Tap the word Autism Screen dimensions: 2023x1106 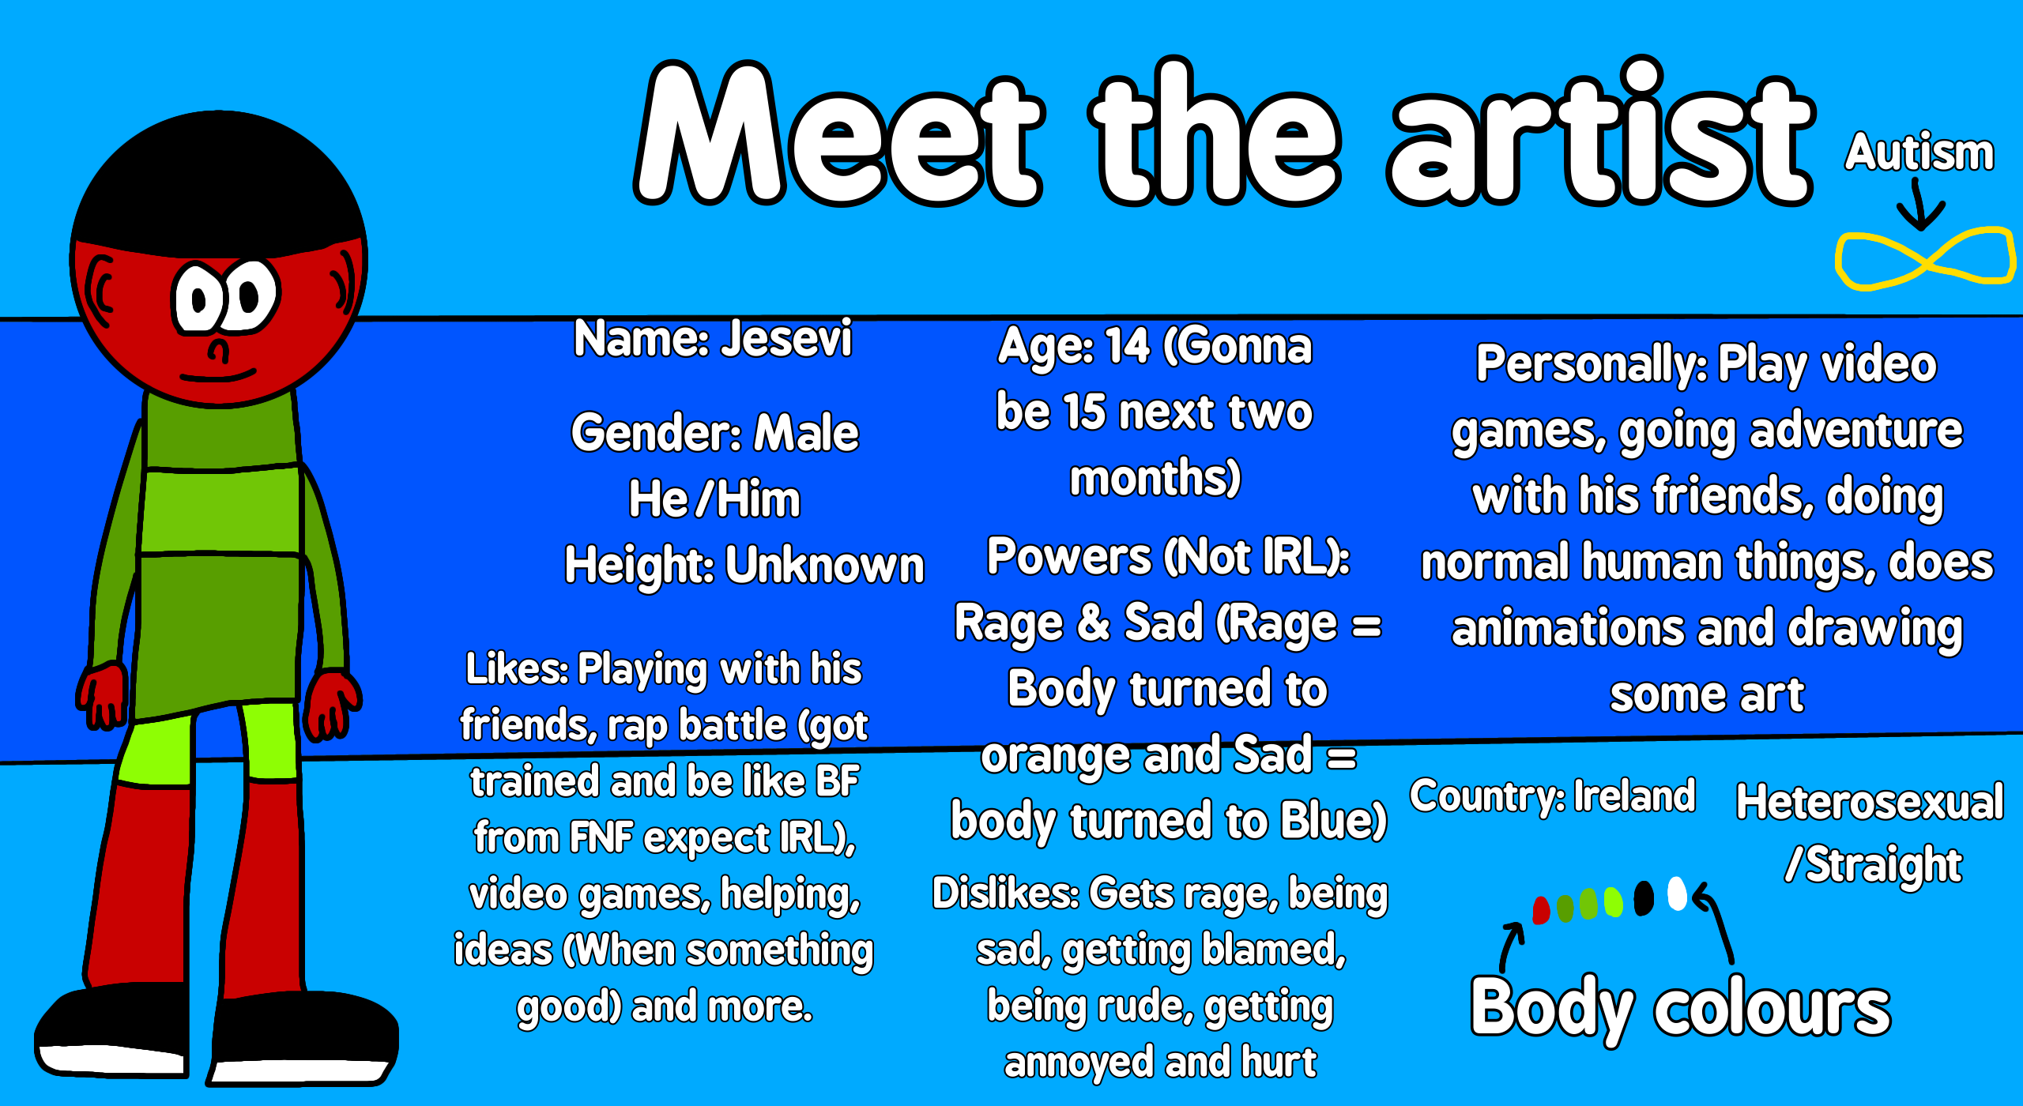[1919, 152]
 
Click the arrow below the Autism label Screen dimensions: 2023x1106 [1921, 205]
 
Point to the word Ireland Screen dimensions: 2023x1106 [1634, 796]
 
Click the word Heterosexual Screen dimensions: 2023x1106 [1870, 802]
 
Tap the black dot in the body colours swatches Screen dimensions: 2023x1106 [1644, 898]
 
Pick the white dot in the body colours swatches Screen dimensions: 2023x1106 [1677, 893]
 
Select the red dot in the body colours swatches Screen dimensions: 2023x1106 [1541, 910]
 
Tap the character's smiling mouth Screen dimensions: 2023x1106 [218, 374]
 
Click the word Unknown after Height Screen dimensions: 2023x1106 [825, 565]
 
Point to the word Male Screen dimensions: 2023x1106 [806, 433]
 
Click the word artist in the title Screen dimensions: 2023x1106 [1600, 134]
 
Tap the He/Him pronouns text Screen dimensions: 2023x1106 [714, 499]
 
